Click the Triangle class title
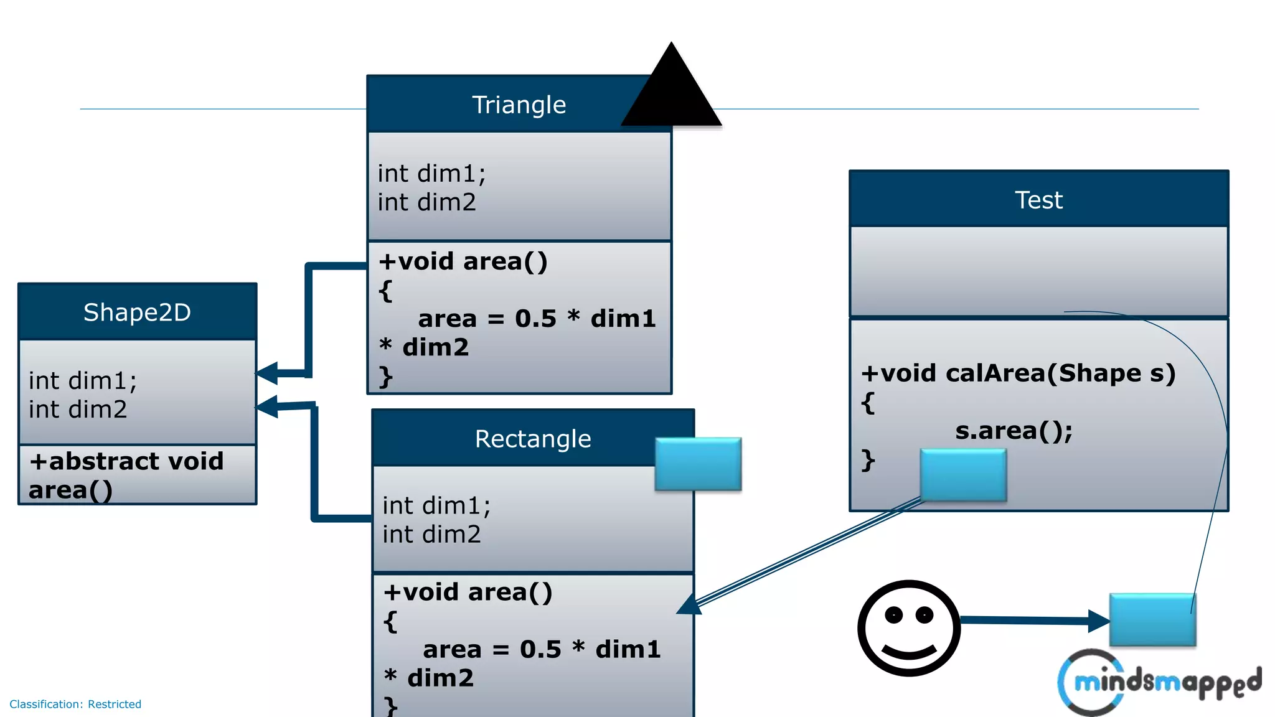click(519, 105)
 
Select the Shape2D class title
click(137, 312)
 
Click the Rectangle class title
click(533, 439)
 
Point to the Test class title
click(1038, 200)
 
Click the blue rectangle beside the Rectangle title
click(698, 464)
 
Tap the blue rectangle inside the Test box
click(963, 475)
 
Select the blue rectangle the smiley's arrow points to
click(1152, 620)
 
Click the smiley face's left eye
click(894, 616)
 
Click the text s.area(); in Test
click(1014, 431)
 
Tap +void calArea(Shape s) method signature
click(1018, 373)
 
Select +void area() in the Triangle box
click(463, 261)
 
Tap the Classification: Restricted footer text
click(75, 704)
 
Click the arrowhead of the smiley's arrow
click(1099, 621)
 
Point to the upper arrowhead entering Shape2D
click(268, 373)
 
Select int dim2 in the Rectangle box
click(431, 535)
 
